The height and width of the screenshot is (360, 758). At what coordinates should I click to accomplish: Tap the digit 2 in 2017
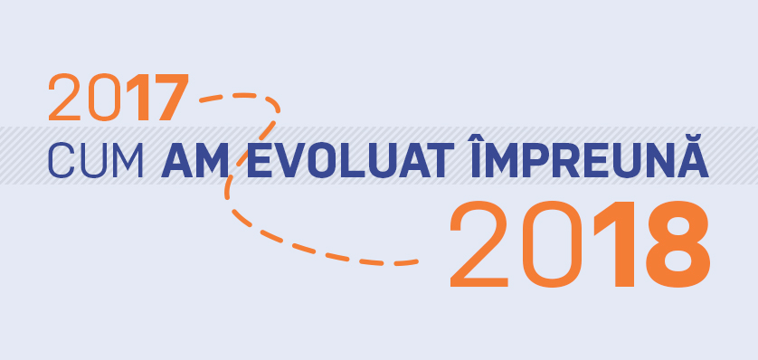coord(65,98)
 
